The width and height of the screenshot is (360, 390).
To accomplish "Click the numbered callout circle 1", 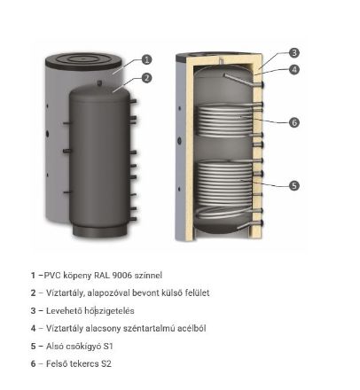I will (147, 60).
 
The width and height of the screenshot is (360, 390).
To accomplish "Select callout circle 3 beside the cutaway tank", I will (294, 52).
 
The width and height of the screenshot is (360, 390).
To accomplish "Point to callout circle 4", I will (294, 68).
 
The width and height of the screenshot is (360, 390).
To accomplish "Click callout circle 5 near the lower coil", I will (294, 185).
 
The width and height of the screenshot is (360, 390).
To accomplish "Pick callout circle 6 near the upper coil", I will (294, 122).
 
